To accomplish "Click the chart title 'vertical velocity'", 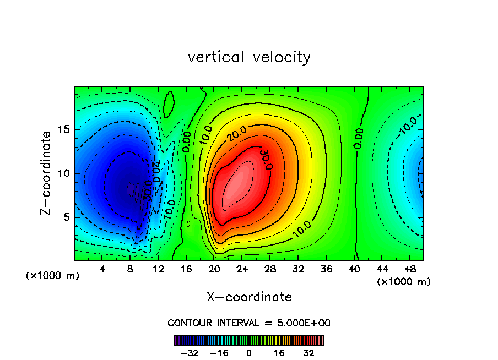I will point(249,57).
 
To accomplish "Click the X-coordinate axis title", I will point(249,297).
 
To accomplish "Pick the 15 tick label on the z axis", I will point(64,129).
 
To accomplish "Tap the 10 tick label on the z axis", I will point(64,173).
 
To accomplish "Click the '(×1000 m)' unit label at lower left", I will point(53,276).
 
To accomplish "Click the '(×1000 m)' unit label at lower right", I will point(404,282).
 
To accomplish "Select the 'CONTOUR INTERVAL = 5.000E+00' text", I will point(249,323).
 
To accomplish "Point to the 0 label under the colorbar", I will point(249,353).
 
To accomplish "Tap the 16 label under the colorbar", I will point(279,353).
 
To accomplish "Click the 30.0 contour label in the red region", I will point(267,159).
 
